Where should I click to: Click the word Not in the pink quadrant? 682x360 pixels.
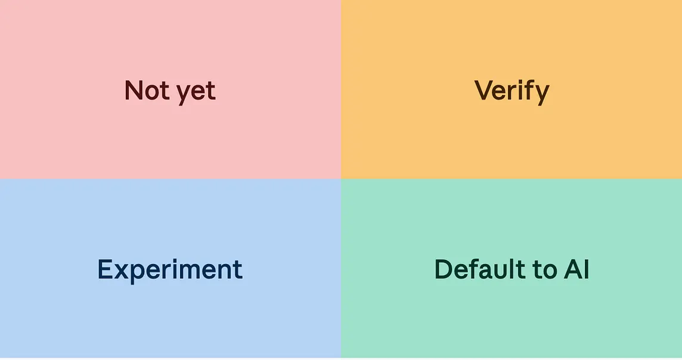pos(146,91)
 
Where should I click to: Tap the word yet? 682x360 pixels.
pos(196,93)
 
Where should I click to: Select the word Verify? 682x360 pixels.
pos(511,92)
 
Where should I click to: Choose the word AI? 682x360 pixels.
pos(576,269)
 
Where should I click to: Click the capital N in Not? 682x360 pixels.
pos(134,91)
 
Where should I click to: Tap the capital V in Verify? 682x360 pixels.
pos(483,91)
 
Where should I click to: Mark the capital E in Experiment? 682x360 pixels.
pos(105,269)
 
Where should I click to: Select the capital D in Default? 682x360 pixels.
pos(444,269)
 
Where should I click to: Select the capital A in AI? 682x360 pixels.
pos(573,269)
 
